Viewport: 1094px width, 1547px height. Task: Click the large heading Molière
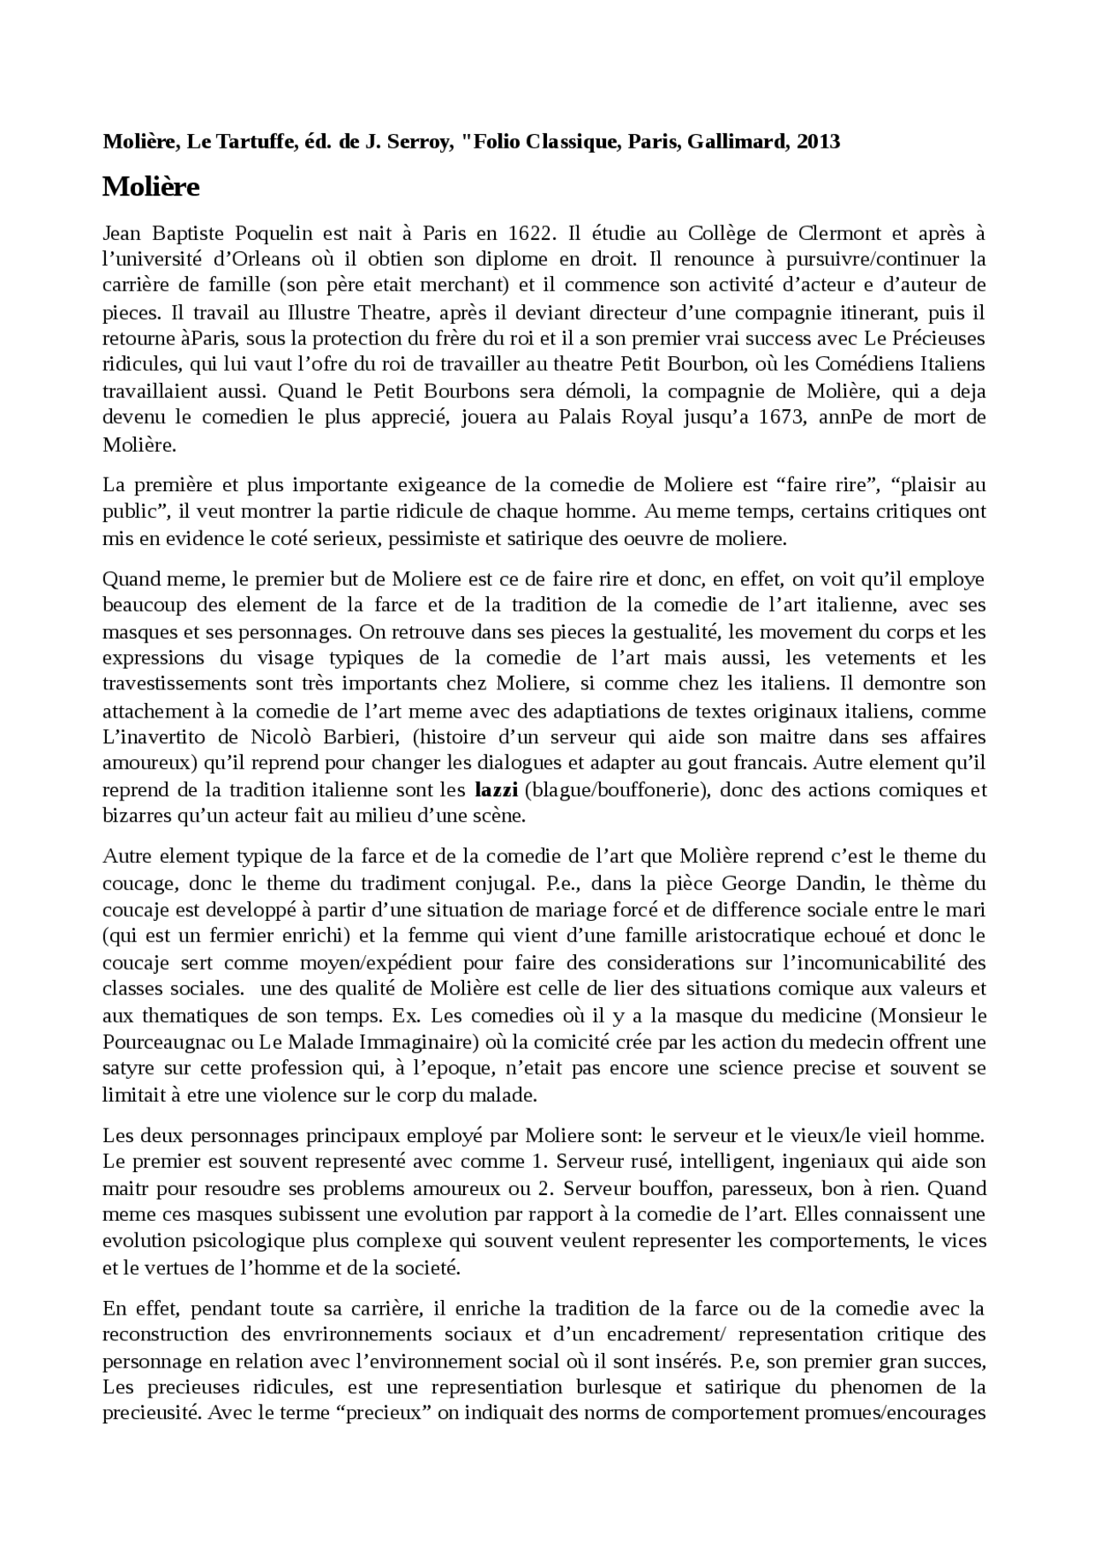pos(150,186)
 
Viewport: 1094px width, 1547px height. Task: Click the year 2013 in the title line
pos(818,142)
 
